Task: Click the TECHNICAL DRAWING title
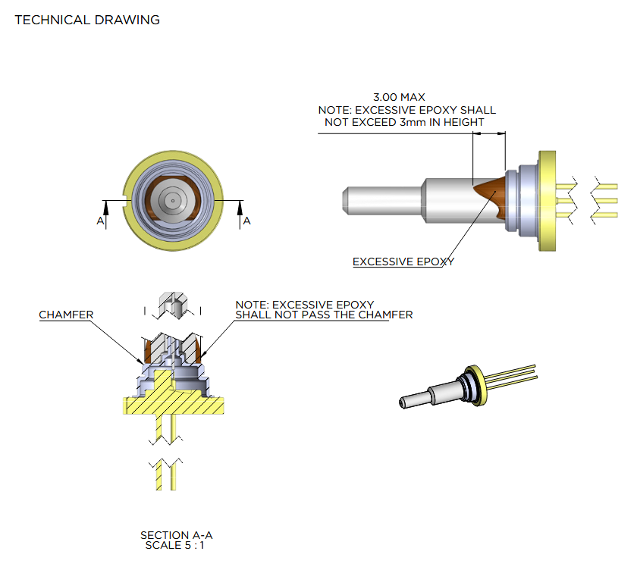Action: click(87, 20)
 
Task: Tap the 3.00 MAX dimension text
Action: click(399, 98)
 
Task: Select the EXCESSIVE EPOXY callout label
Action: click(403, 262)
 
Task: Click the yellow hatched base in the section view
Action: click(174, 403)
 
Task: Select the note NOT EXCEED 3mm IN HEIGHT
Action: click(404, 122)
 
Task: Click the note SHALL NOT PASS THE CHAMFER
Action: click(324, 315)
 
